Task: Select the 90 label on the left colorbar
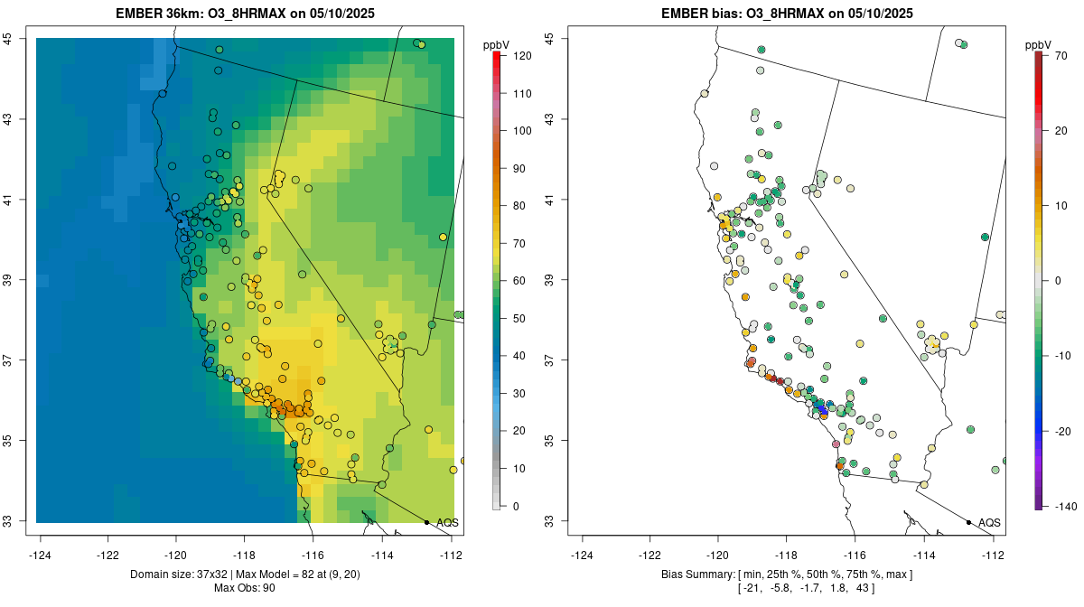pos(519,169)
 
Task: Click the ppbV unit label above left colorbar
pos(496,44)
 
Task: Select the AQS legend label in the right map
pos(990,523)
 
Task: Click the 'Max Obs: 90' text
pos(245,588)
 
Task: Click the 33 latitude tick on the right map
pos(561,521)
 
